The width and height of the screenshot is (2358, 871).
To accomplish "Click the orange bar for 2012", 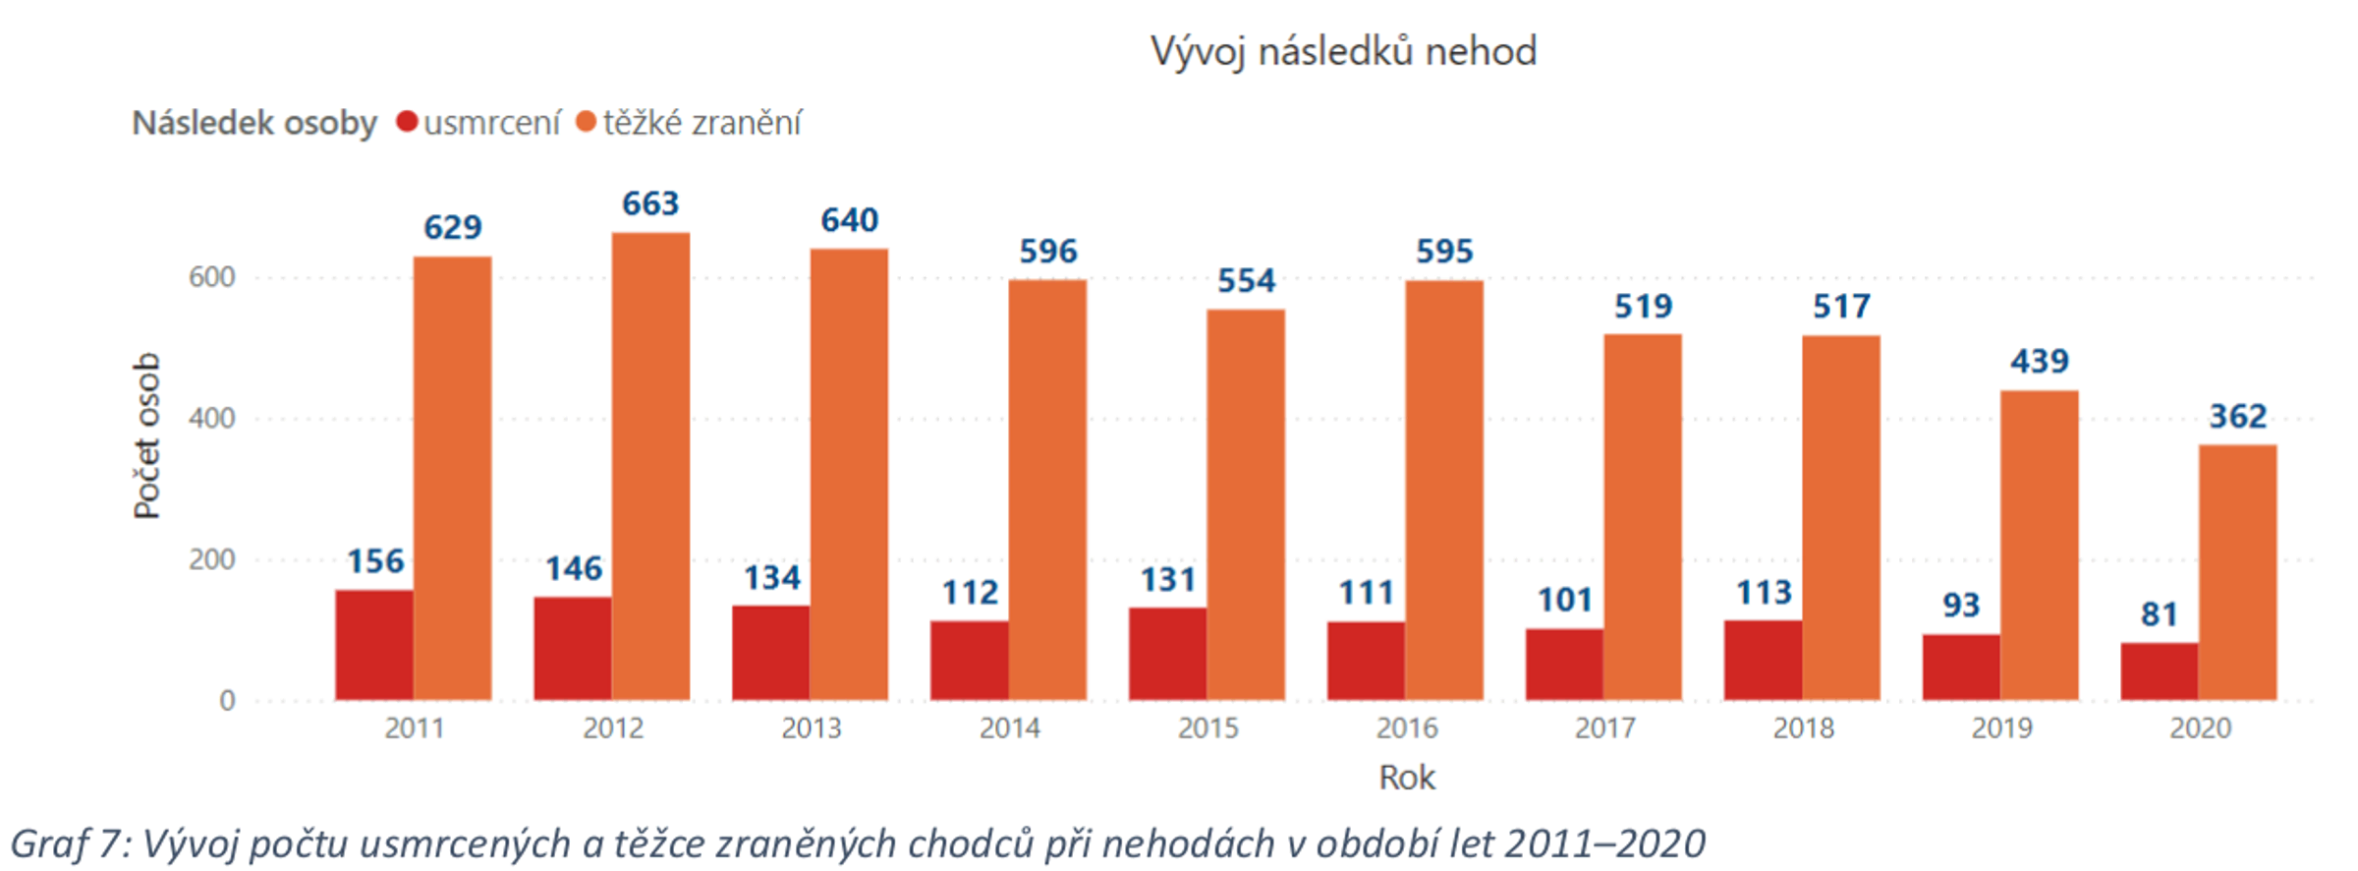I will [650, 467].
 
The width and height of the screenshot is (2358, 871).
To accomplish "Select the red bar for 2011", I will [374, 645].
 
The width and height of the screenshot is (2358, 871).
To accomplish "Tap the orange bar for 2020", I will [2237, 572].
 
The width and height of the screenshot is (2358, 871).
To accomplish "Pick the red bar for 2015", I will [1167, 654].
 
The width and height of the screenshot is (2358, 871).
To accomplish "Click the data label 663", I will [650, 203].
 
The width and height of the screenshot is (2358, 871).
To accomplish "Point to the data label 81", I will [2160, 614].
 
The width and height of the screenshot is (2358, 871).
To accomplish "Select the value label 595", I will [1444, 251].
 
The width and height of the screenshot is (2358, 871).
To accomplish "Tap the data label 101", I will [1564, 600].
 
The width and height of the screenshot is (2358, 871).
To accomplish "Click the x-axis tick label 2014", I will [1009, 728].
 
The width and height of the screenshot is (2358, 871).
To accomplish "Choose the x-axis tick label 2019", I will [2001, 728].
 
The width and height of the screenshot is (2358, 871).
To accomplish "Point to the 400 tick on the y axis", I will [212, 419].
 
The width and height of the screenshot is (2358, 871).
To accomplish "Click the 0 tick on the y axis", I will [227, 701].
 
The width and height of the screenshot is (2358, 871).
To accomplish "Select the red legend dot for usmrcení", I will [407, 123].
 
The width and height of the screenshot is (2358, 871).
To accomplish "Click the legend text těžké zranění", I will [702, 123].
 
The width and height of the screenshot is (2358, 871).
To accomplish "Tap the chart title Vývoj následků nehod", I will [1343, 51].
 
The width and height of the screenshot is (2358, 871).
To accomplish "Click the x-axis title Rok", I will [1406, 778].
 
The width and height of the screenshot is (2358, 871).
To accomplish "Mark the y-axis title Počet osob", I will [146, 435].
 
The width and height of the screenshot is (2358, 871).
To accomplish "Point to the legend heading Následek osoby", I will [254, 123].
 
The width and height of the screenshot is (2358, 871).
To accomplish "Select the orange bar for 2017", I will [1643, 517].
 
